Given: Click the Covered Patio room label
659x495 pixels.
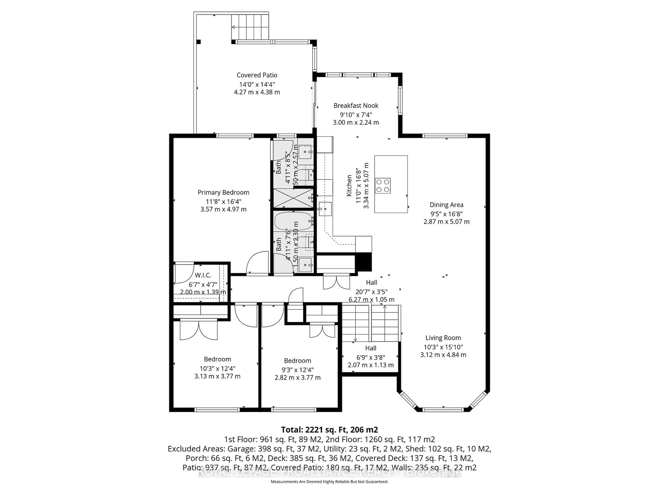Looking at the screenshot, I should click(x=257, y=75).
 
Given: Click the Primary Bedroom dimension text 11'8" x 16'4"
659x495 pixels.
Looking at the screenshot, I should click(x=223, y=201).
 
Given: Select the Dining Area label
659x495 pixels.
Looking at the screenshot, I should click(x=446, y=205).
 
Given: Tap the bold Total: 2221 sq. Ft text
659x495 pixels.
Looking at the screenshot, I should click(x=329, y=430).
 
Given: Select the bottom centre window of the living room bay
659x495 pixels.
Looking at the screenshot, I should click(x=443, y=409).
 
